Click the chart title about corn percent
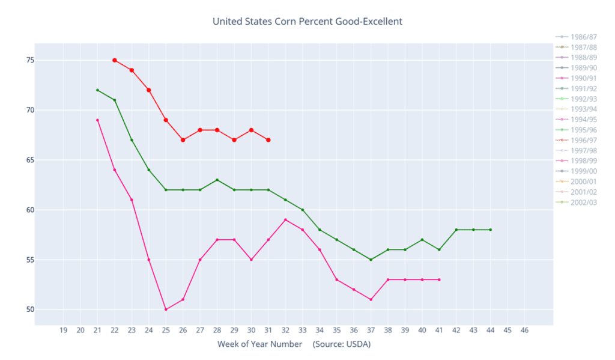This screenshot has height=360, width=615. tap(307, 22)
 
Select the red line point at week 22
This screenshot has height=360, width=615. tap(115, 60)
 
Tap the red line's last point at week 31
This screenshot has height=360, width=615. tap(268, 140)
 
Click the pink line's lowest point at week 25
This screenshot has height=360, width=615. tap(166, 310)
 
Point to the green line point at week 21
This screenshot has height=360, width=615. tap(97, 90)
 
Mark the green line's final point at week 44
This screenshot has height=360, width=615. tap(491, 230)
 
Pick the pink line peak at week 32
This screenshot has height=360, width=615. tap(285, 220)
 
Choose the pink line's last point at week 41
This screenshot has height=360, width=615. tap(440, 279)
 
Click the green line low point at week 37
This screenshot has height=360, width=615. tap(371, 260)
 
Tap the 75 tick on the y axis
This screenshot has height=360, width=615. tap(29, 60)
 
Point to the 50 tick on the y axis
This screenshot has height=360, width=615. tap(29, 310)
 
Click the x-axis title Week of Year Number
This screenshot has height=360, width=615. tap(260, 344)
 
